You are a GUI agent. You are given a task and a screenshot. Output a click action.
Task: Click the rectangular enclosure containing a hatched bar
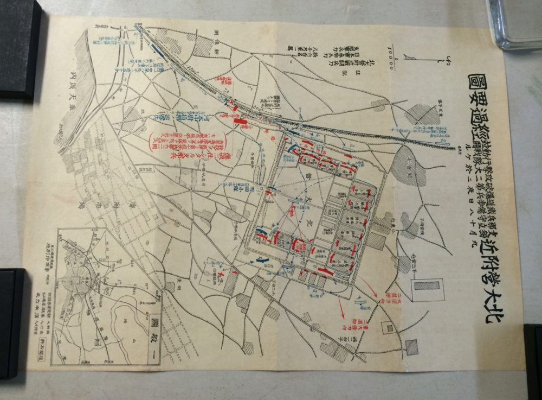427,288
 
